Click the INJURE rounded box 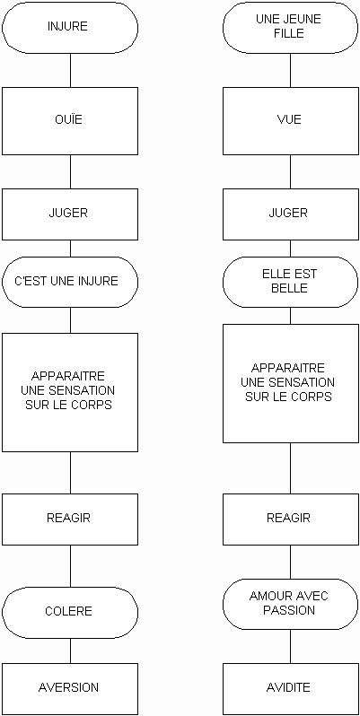pyautogui.click(x=70, y=26)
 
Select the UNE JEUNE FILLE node pyautogui.click(x=291, y=26)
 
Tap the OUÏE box pyautogui.click(x=70, y=120)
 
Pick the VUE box pyautogui.click(x=291, y=120)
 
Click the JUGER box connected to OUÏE pyautogui.click(x=70, y=214)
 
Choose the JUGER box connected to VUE pyautogui.click(x=291, y=214)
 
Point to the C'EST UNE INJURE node pyautogui.click(x=70, y=282)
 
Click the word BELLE pyautogui.click(x=289, y=289)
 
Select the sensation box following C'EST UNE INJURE pyautogui.click(x=70, y=392)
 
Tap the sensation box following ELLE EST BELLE pyautogui.click(x=291, y=383)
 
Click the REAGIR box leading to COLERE pyautogui.click(x=70, y=520)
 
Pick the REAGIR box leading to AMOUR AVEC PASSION pyautogui.click(x=291, y=520)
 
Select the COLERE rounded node pyautogui.click(x=70, y=612)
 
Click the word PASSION pyautogui.click(x=289, y=610)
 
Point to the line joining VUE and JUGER pyautogui.click(x=291, y=171)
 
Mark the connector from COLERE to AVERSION pyautogui.click(x=70, y=651)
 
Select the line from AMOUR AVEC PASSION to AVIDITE pyautogui.click(x=291, y=651)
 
